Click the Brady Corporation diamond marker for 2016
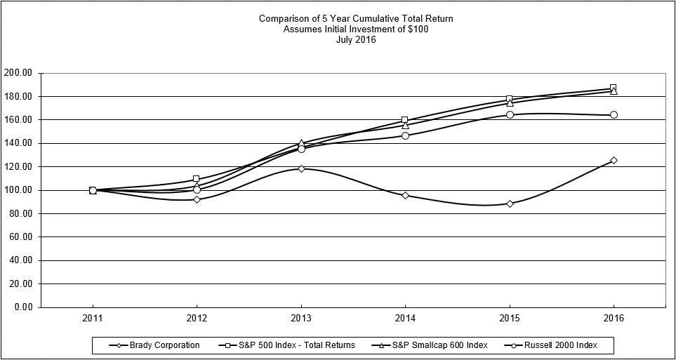614,160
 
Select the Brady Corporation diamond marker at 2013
301,168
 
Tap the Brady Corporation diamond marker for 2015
510,204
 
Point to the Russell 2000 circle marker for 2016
614,114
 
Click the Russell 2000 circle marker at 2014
405,135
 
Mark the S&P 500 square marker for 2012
197,179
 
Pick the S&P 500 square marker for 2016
613,88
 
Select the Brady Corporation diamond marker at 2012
197,199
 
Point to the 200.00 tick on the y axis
19,73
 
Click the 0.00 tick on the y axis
23,307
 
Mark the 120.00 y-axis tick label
19,166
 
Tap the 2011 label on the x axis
93,318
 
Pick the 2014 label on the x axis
405,318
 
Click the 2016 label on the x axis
614,318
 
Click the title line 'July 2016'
356,40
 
